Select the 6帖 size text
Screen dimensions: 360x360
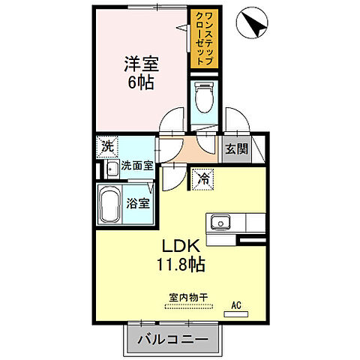[x=140, y=82]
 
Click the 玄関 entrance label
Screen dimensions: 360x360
[x=236, y=148]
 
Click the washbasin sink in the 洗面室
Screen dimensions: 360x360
[x=110, y=167]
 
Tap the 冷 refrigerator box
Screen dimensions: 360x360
[x=202, y=178]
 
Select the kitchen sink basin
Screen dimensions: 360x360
[x=221, y=221]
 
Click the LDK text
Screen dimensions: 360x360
[x=179, y=246]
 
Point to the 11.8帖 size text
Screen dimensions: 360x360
[x=179, y=264]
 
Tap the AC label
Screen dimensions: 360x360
[x=235, y=304]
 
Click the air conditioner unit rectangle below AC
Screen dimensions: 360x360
[x=235, y=314]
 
